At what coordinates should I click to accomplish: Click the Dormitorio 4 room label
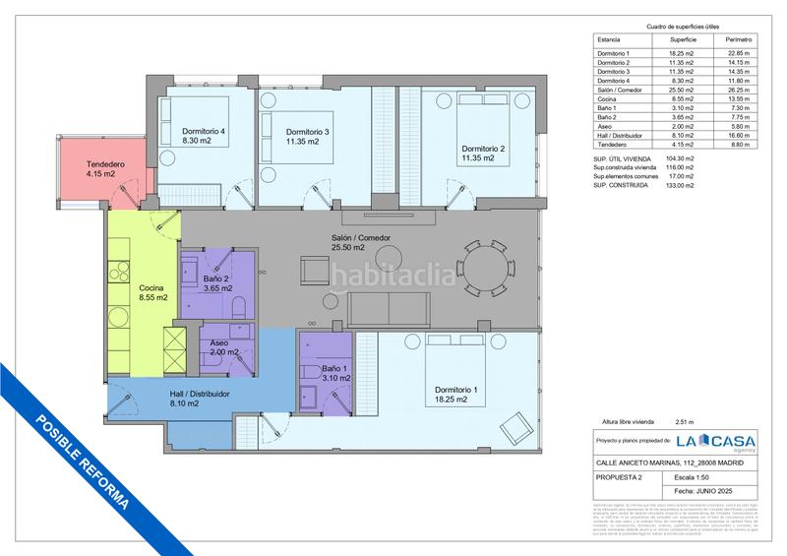204,136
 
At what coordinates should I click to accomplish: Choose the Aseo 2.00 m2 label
226,346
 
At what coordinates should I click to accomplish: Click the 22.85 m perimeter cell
725,52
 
